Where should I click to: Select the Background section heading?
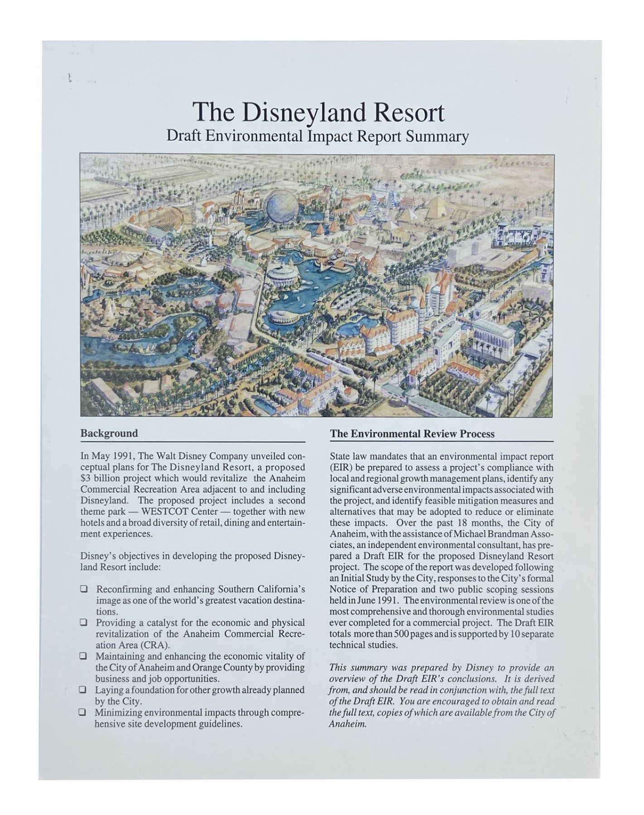click(109, 433)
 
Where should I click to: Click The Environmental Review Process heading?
click(412, 434)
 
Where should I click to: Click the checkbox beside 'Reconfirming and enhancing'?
click(84, 590)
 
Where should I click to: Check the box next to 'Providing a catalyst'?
click(84, 623)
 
